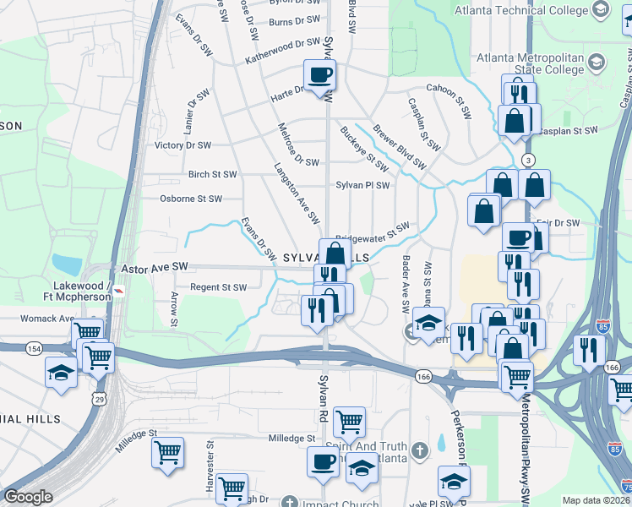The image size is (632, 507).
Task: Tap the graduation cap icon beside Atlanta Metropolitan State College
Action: pyautogui.click(x=597, y=63)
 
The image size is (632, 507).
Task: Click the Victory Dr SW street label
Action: pyautogui.click(x=183, y=145)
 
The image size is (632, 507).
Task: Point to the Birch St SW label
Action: pyautogui.click(x=212, y=174)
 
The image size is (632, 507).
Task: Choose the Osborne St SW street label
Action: pyautogui.click(x=191, y=199)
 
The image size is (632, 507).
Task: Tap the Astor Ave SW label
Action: pyautogui.click(x=154, y=266)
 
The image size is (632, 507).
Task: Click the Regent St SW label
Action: pyautogui.click(x=218, y=287)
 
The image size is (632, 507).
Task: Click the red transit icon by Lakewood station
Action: pyautogui.click(x=120, y=292)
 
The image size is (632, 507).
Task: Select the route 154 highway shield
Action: pyautogui.click(x=34, y=348)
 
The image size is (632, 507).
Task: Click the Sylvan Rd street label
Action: pyautogui.click(x=323, y=404)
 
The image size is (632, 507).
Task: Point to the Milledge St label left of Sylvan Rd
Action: pyautogui.click(x=291, y=439)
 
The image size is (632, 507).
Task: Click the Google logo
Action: pyautogui.click(x=29, y=497)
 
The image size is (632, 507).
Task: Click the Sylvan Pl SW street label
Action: pyautogui.click(x=362, y=185)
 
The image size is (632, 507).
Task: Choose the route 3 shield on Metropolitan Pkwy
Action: pyautogui.click(x=529, y=160)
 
